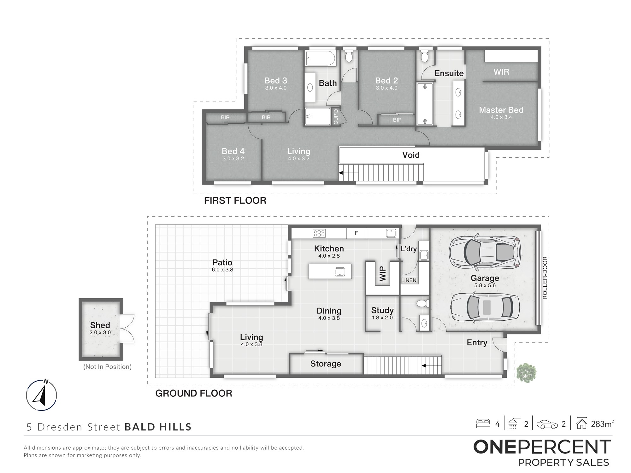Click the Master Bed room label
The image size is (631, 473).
[501, 110]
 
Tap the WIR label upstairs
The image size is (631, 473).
[501, 72]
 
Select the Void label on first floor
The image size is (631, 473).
[411, 155]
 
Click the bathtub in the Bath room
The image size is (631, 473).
[321, 58]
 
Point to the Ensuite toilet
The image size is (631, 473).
[425, 56]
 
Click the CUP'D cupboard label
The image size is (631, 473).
[336, 116]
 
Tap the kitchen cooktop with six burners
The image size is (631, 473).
[319, 233]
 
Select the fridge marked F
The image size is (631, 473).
[357, 233]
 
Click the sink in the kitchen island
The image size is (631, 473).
[339, 272]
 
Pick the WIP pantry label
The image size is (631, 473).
[382, 273]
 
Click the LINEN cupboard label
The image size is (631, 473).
[409, 280]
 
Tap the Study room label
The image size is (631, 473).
[382, 310]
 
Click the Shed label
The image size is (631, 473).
[100, 325]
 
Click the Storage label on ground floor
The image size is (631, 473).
[326, 364]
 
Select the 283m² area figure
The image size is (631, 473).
[602, 424]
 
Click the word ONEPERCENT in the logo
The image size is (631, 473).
[542, 447]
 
